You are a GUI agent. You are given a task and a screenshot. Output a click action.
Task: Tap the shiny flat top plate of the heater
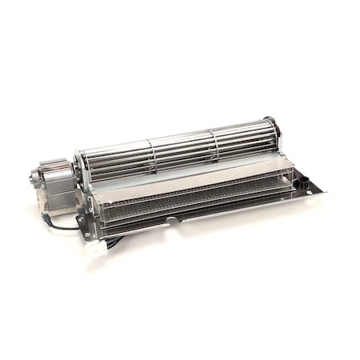pos(192,177)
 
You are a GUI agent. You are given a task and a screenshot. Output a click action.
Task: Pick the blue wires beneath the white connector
pos(112,240)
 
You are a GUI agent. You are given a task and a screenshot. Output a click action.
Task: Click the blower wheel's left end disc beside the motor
pos(80,170)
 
